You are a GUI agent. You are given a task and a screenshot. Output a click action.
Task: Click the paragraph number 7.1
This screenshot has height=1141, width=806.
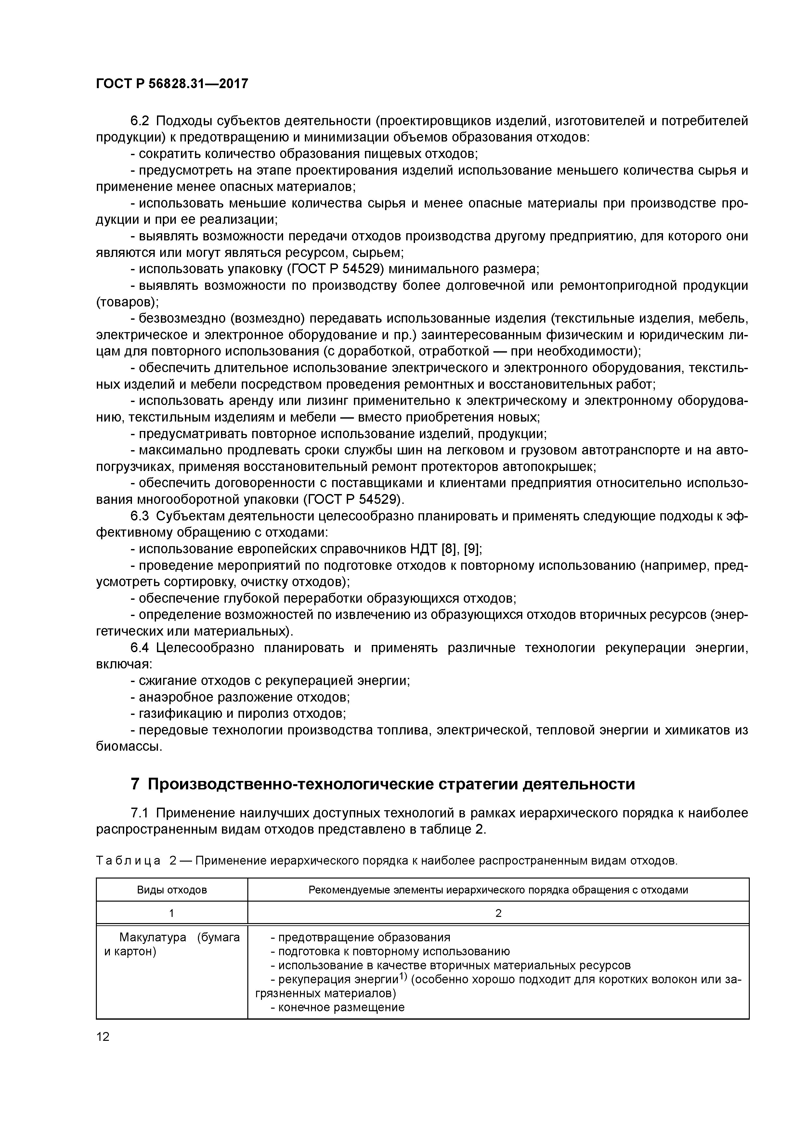tap(139, 813)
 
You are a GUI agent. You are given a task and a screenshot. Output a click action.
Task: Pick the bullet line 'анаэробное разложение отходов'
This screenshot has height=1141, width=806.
tap(244, 697)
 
